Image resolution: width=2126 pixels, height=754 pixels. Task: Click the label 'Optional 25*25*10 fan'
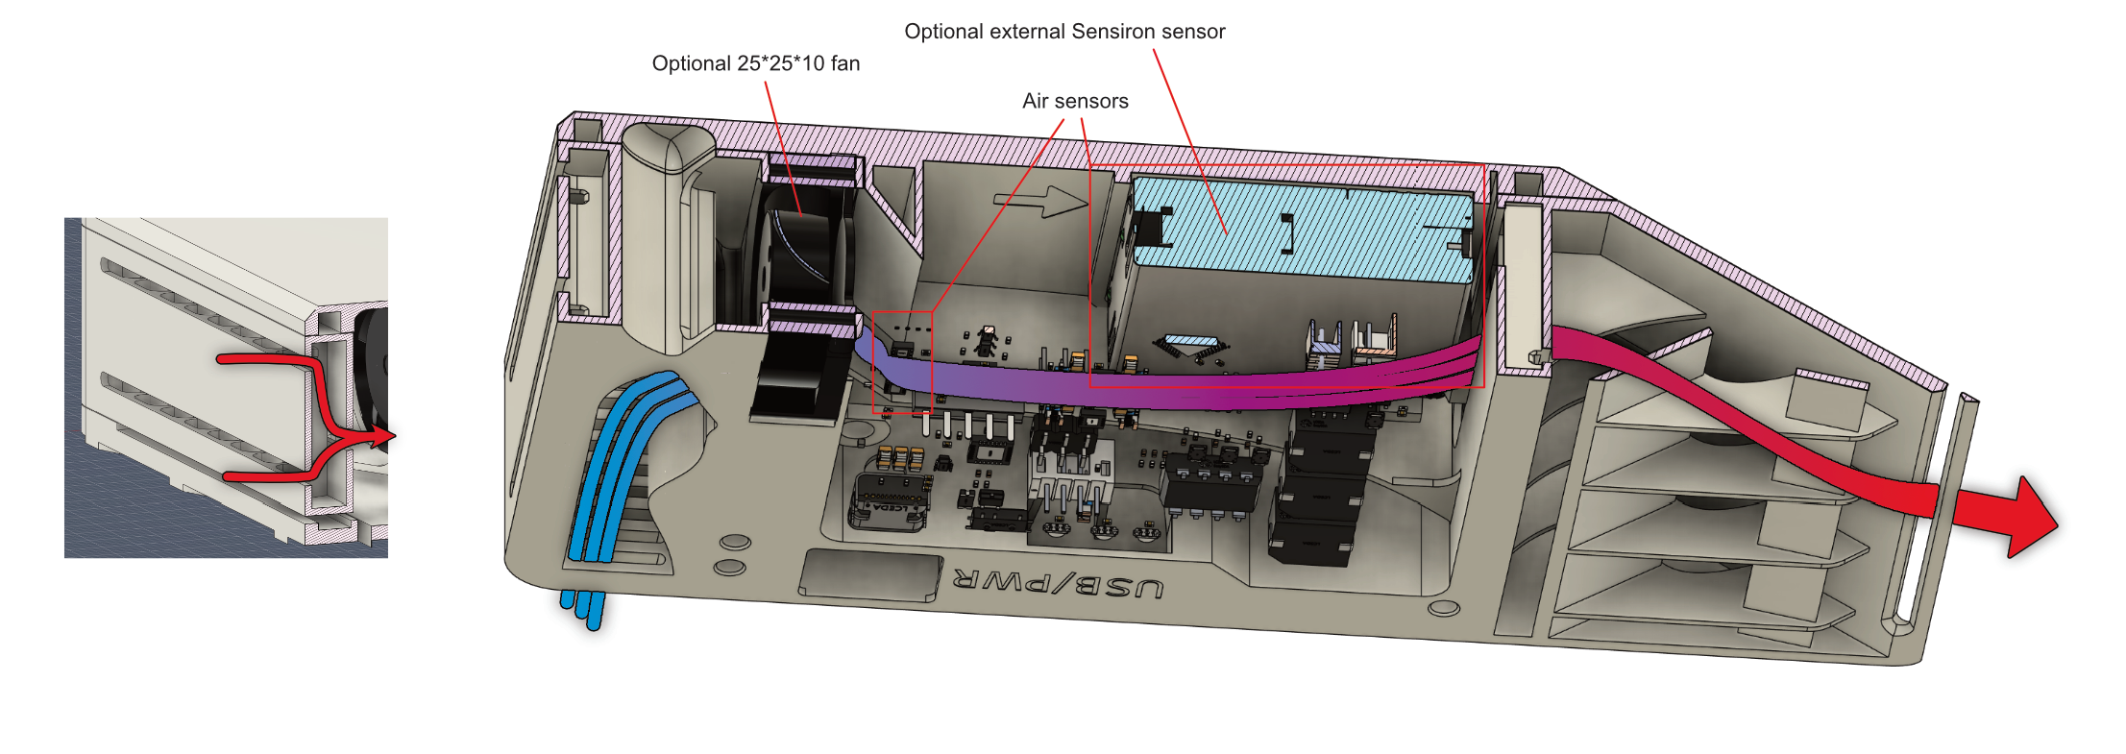[x=755, y=63]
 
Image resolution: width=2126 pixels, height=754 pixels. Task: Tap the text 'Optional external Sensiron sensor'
[x=1064, y=32]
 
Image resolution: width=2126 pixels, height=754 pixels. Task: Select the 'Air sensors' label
[x=1075, y=101]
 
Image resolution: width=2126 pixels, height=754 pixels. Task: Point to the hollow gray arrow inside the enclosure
[x=1041, y=201]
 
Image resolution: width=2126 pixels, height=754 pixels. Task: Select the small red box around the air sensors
[x=902, y=363]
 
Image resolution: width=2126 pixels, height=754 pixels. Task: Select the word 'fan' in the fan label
[x=845, y=63]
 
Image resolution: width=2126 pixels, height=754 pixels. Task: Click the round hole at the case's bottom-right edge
[x=1444, y=608]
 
